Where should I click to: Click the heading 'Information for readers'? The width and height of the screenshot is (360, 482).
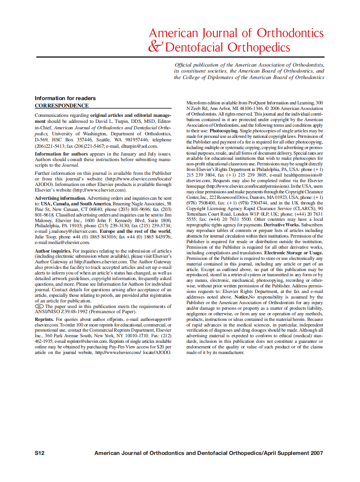tap(65, 98)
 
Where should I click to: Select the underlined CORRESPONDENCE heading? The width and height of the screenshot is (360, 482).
tap(61, 106)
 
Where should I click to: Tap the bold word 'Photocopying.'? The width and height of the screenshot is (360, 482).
tap(223, 130)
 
